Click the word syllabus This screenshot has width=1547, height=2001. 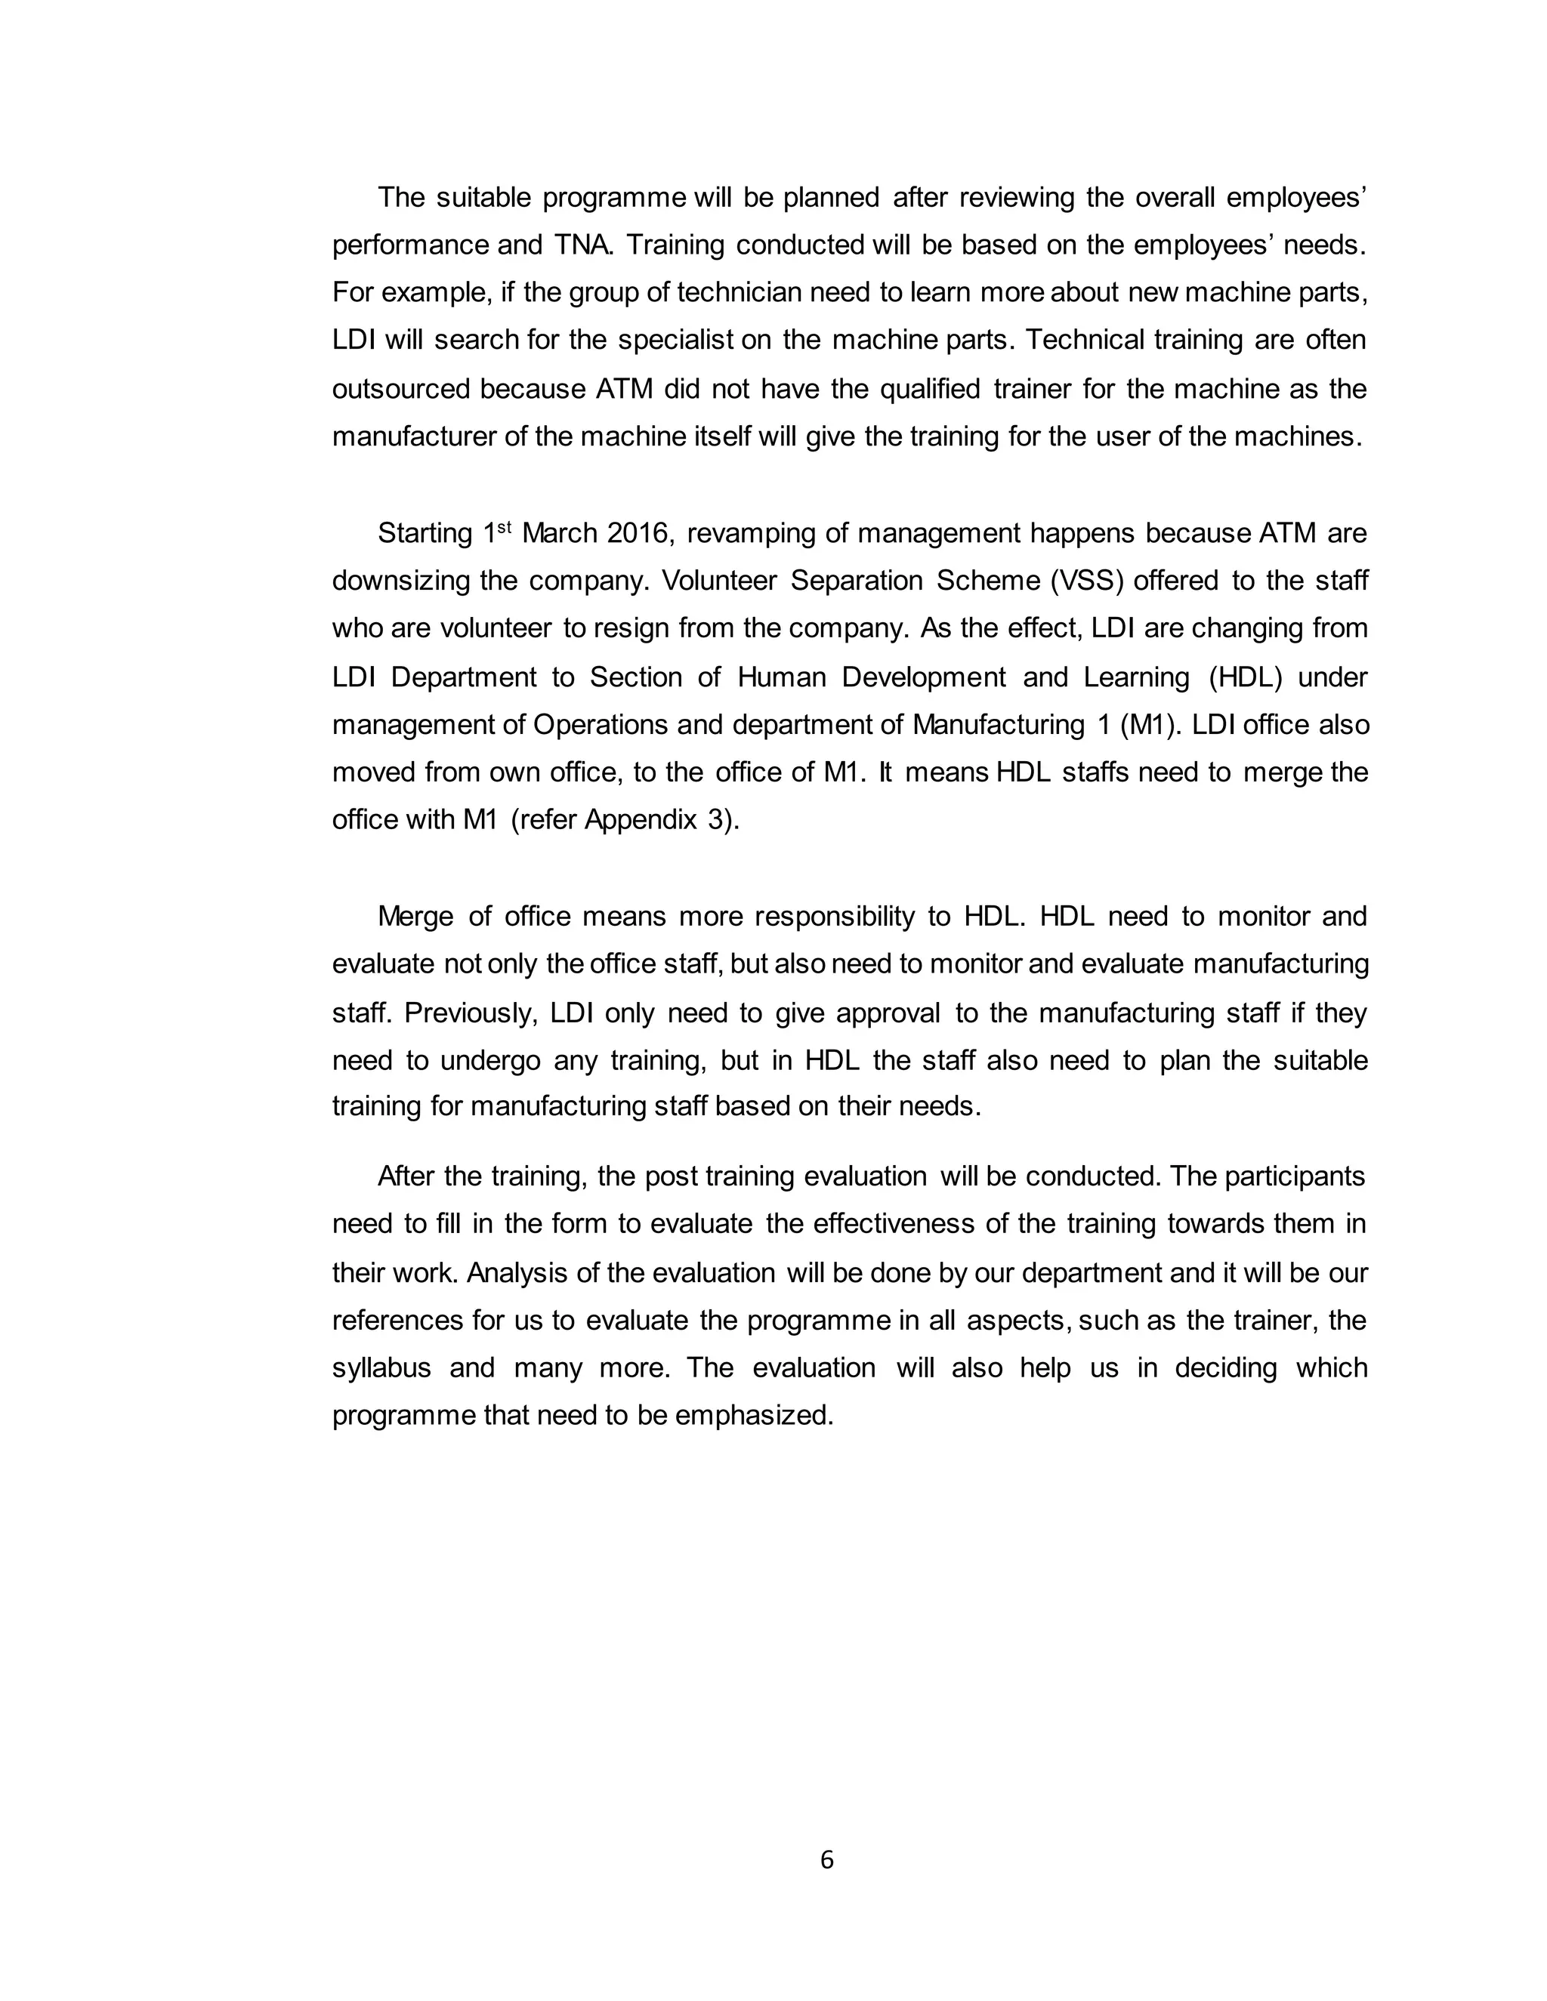(x=381, y=1368)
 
